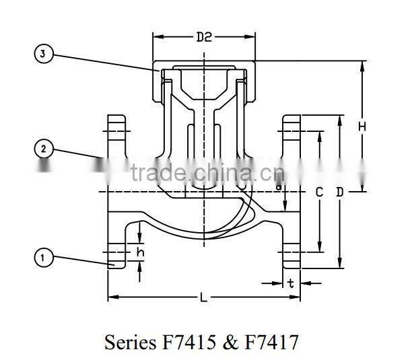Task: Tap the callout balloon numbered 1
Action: (43, 257)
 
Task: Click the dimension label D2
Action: (204, 38)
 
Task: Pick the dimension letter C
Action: (320, 192)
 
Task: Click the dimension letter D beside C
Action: (340, 192)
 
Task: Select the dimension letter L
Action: (203, 297)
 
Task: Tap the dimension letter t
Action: (291, 283)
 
